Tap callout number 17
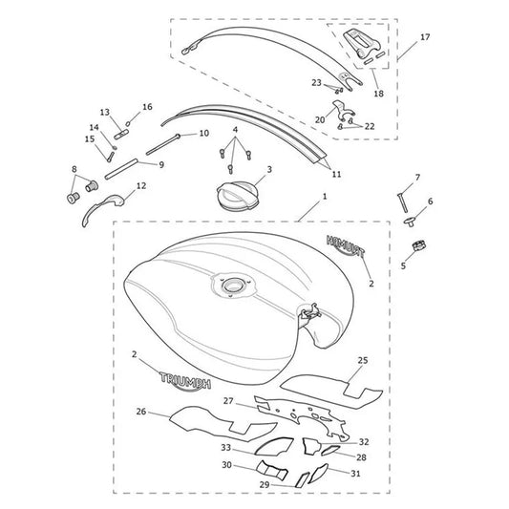click(425, 37)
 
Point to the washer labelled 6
click(410, 223)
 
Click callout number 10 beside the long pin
click(203, 133)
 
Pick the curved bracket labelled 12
click(102, 209)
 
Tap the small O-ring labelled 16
click(128, 123)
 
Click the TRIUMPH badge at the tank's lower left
click(185, 381)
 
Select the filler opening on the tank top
click(231, 286)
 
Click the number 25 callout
click(363, 360)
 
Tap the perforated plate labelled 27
click(302, 417)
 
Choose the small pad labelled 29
click(302, 479)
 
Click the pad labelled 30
click(272, 469)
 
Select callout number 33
click(226, 448)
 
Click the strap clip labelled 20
click(343, 110)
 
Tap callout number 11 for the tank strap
click(337, 175)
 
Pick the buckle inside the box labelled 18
click(363, 43)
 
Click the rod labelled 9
click(121, 169)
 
